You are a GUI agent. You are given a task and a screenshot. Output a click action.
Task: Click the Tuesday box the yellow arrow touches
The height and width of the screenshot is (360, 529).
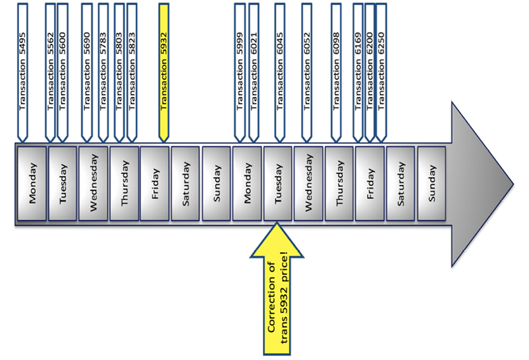[278, 183]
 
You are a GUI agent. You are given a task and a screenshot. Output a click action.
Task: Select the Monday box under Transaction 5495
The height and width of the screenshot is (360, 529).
[32, 183]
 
